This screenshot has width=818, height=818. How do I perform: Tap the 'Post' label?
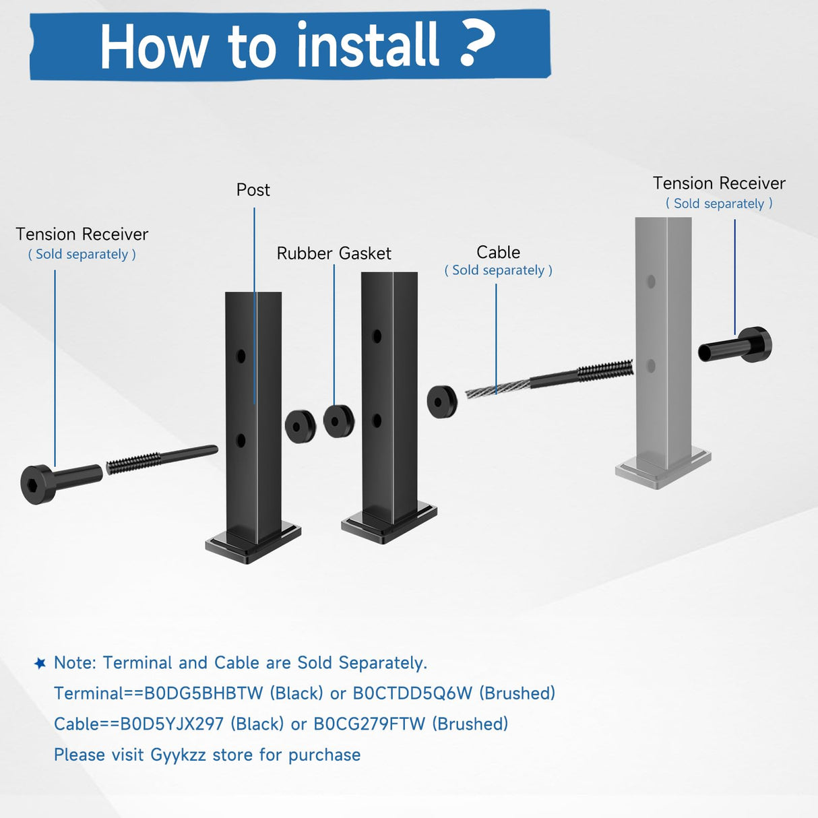click(x=253, y=190)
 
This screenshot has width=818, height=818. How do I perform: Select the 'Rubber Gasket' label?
click(x=334, y=253)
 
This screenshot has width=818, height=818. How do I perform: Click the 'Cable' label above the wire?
click(x=498, y=252)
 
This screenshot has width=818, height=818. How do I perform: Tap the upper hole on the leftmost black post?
click(x=241, y=356)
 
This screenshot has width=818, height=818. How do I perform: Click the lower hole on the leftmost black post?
click(x=241, y=441)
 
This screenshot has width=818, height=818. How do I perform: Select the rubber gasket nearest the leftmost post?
click(x=300, y=426)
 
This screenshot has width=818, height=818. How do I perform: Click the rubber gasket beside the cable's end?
click(x=442, y=402)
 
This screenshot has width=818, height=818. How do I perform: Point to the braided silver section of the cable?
click(x=497, y=388)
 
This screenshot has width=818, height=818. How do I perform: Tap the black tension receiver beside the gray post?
click(x=737, y=346)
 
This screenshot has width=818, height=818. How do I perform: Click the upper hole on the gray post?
click(x=651, y=282)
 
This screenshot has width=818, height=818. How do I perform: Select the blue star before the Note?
click(x=40, y=663)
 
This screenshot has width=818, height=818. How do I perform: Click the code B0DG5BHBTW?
click(x=203, y=693)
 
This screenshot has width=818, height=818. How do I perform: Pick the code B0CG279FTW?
click(x=369, y=724)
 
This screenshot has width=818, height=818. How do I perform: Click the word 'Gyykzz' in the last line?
click(x=178, y=755)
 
